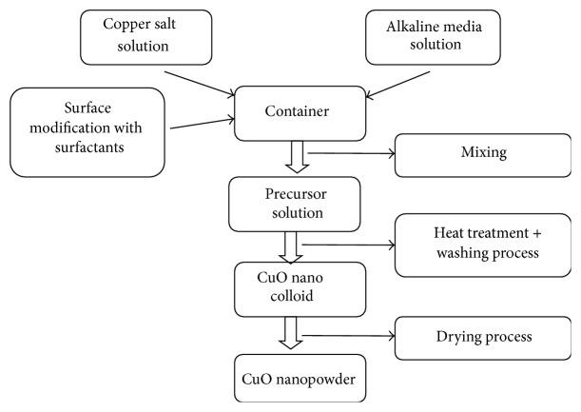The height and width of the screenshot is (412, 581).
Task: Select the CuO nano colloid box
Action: point(281,288)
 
